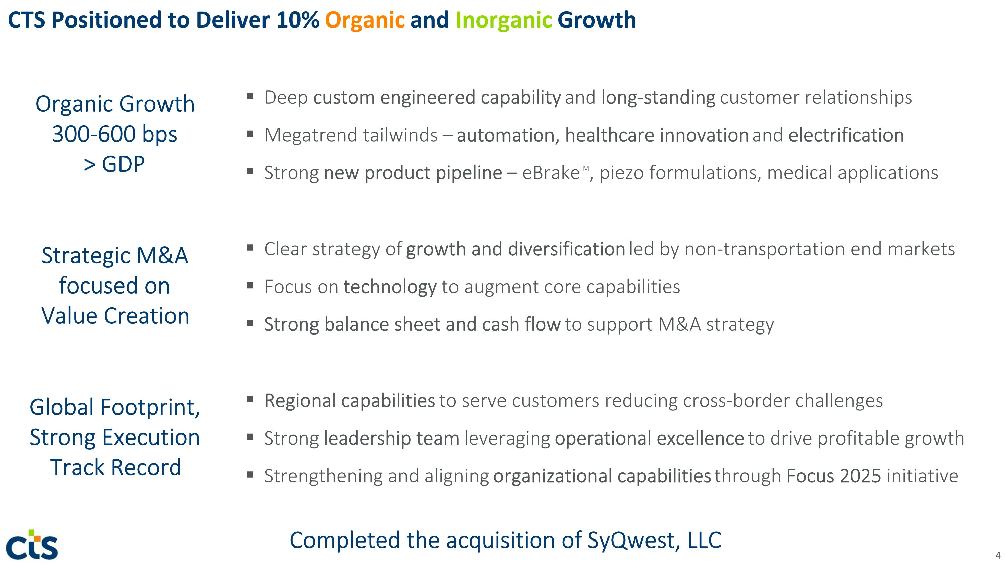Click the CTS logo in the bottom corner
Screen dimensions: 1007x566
32,545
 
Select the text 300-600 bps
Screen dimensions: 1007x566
114,135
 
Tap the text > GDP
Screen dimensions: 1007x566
114,164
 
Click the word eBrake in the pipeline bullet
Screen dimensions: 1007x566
550,173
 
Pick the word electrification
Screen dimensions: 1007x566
846,135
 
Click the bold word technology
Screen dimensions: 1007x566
390,287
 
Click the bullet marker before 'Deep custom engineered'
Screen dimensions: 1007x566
250,96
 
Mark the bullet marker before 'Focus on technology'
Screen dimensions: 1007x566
250,286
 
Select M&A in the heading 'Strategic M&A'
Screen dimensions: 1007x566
162,256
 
